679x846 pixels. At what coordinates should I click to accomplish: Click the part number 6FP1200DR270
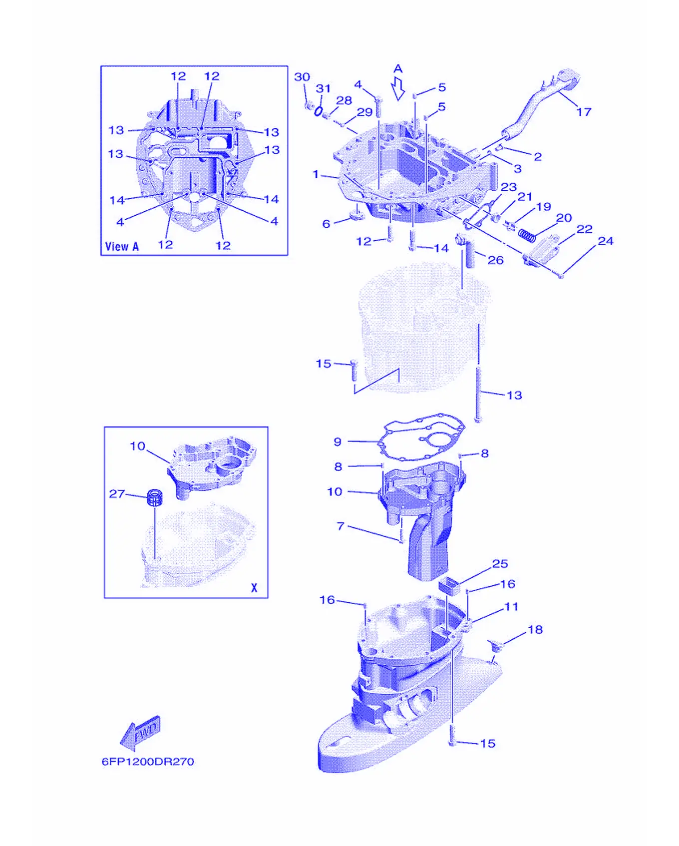tap(148, 762)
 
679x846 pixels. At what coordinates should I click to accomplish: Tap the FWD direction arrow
tap(141, 733)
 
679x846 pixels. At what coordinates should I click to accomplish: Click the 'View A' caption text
tap(122, 246)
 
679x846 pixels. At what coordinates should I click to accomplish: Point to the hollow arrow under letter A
tap(398, 89)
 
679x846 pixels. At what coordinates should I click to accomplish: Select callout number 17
tap(584, 112)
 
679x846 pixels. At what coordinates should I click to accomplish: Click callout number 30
tap(302, 77)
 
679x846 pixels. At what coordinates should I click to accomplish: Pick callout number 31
tap(323, 88)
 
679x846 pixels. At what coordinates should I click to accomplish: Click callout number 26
tap(495, 260)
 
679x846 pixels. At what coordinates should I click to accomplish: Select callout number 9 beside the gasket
tap(338, 441)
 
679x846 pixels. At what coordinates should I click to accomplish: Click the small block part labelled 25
tap(449, 585)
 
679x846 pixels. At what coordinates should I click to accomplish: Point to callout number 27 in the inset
tap(117, 494)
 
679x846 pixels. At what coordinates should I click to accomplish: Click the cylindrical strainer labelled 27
tap(155, 499)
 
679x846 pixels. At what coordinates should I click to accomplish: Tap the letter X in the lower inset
tap(254, 588)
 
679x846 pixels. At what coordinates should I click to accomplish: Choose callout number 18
tap(535, 630)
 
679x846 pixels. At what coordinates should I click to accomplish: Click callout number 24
tap(606, 241)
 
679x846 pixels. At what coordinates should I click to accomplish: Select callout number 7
tap(340, 526)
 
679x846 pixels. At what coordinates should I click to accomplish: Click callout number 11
tap(512, 607)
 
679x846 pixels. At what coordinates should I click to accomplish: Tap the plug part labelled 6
tap(356, 215)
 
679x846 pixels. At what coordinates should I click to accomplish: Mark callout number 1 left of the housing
tap(316, 174)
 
